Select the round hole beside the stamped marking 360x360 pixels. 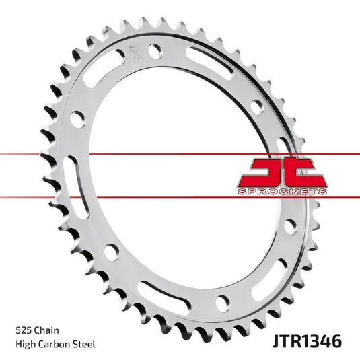coord(155,50)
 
